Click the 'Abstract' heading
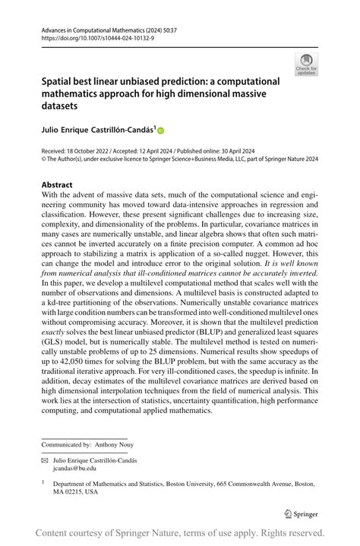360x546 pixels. pos(58,185)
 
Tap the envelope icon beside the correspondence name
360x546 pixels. pos(46,460)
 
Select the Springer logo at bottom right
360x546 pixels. pos(301,513)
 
